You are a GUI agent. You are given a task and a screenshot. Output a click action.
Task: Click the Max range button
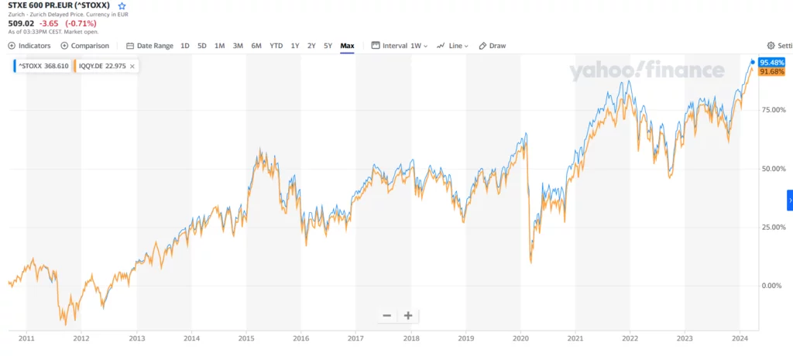tap(347, 46)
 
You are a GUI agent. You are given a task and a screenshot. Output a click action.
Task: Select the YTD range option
tap(276, 46)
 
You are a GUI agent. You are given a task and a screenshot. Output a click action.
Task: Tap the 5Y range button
tap(328, 46)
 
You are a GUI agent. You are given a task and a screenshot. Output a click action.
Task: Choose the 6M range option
tap(256, 46)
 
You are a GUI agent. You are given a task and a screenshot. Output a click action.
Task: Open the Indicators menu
tap(29, 46)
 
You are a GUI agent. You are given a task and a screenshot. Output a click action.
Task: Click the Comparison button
tap(85, 46)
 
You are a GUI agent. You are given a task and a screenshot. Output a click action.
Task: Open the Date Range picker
tap(150, 46)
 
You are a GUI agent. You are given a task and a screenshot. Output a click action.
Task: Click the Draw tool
tap(493, 46)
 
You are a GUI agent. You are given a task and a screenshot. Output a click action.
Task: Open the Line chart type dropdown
tap(453, 46)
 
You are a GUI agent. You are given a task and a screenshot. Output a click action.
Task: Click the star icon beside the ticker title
tap(122, 5)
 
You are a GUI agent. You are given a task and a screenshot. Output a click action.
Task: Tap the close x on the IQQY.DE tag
tap(132, 67)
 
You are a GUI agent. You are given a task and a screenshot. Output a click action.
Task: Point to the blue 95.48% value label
tap(772, 62)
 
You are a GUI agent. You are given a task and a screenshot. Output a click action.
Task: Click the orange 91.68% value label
tap(772, 72)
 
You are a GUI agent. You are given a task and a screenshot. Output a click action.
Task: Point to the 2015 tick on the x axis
tap(246, 338)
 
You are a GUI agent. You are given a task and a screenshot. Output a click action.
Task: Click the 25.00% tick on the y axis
tap(771, 227)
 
